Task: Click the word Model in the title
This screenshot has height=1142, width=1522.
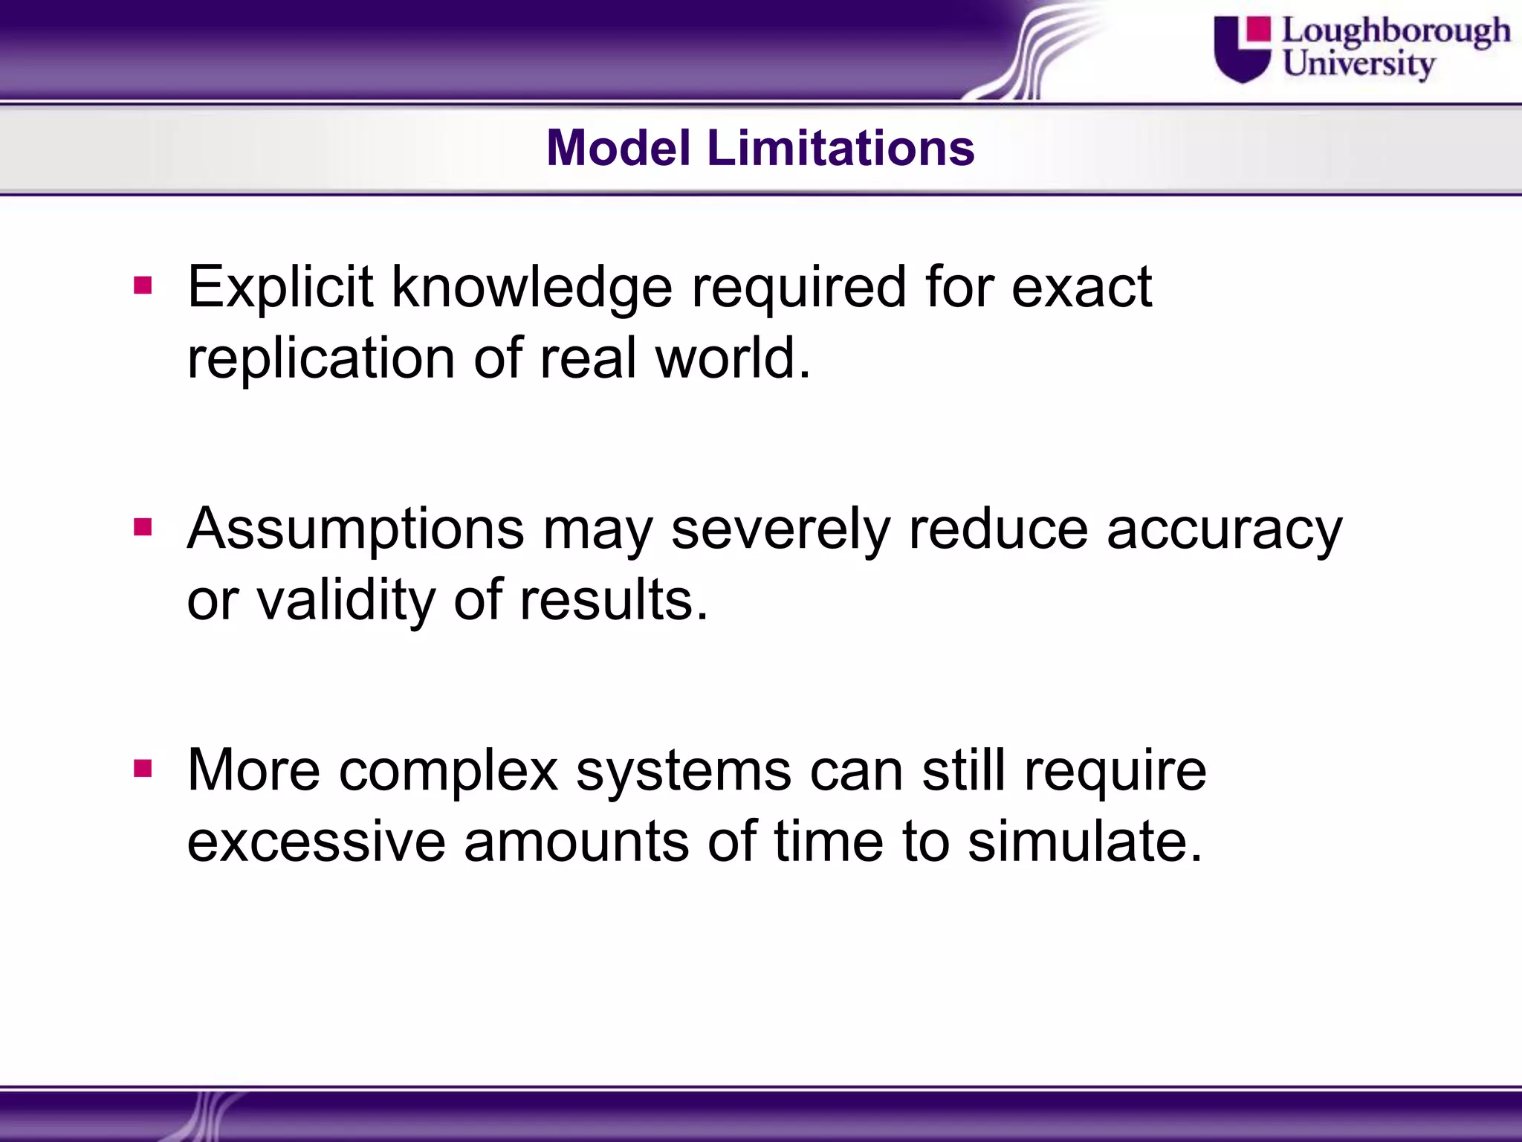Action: (618, 148)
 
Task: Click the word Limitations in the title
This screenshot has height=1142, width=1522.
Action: (840, 148)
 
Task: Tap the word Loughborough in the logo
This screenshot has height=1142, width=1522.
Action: (1396, 31)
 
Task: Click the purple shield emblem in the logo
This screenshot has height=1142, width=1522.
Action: (1242, 52)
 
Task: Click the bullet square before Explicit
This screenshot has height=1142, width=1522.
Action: (142, 286)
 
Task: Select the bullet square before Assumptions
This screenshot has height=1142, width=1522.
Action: (142, 528)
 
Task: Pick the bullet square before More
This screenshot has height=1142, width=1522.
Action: (142, 770)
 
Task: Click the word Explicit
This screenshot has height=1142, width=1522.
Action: (280, 288)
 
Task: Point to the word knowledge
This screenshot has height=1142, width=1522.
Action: (531, 288)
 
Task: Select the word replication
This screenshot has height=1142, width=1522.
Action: (320, 359)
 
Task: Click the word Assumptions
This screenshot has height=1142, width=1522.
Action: (356, 529)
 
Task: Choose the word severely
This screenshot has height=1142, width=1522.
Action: (780, 529)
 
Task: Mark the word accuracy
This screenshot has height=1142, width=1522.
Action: (1224, 529)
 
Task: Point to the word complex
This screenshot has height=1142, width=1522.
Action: (448, 771)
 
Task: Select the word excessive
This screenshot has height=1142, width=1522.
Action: (316, 842)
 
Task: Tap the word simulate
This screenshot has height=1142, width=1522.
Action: (1084, 842)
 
